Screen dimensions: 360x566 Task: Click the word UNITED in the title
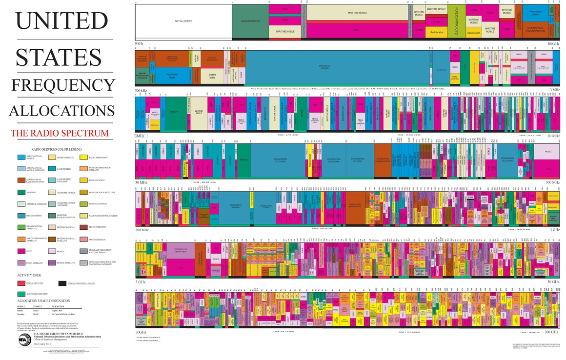pos(62,21)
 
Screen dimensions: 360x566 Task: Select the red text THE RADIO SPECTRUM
pos(60,133)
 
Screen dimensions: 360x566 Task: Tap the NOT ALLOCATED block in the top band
pos(183,21)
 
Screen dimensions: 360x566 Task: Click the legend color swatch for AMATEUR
pos(21,193)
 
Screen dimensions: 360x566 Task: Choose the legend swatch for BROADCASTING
pos(21,216)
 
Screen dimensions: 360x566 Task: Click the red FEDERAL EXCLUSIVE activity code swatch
pos(21,283)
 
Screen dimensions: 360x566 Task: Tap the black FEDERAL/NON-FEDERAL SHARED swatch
pos(62,283)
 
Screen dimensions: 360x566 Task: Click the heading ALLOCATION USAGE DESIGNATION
pos(44,300)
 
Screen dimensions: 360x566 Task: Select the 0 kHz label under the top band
pos(139,44)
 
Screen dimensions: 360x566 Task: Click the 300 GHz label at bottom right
pos(551,332)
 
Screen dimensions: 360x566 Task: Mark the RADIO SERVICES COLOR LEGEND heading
pos(57,149)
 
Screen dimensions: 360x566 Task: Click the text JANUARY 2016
pos(46,344)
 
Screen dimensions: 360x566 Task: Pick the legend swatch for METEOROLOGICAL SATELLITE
pos(51,240)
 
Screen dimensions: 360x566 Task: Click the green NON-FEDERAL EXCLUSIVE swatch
pos(21,294)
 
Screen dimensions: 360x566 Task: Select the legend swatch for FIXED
pos(21,251)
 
